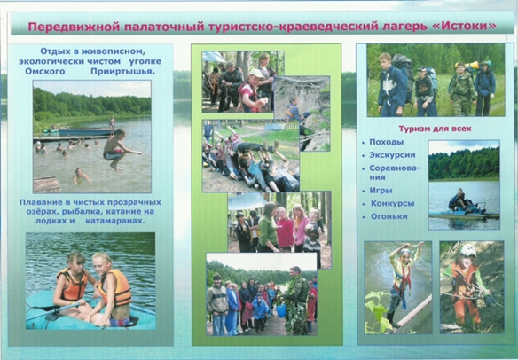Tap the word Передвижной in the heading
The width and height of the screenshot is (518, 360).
[x=74, y=27]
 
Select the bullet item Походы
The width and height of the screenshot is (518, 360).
[x=386, y=143]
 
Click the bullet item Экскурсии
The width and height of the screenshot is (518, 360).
[x=392, y=155]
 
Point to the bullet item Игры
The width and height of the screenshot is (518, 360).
[x=381, y=191]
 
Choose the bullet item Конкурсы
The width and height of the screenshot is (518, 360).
[x=392, y=203]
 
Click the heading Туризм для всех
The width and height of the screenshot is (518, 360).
[x=436, y=129]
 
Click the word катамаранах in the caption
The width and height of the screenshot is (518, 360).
[x=115, y=221]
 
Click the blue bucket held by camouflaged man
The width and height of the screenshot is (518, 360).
[x=281, y=310]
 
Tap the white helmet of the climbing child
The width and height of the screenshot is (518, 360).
[x=468, y=251]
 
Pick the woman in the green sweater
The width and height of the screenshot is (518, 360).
[x=269, y=227]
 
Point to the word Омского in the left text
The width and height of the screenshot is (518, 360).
[x=45, y=72]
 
